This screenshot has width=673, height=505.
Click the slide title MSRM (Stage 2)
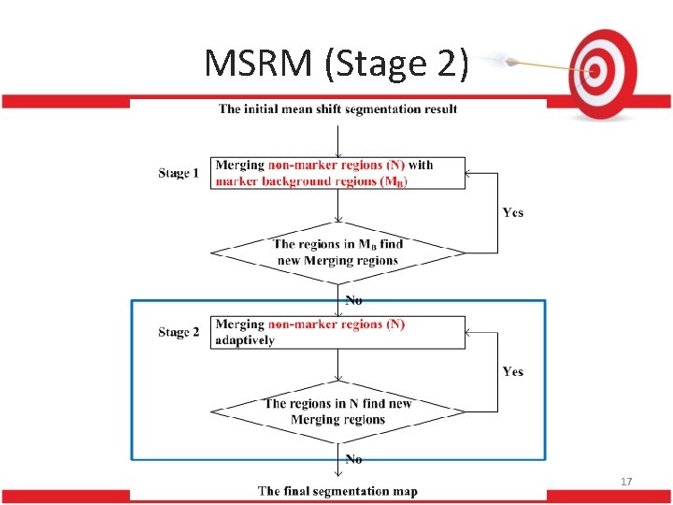(336, 63)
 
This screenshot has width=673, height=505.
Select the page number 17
(627, 482)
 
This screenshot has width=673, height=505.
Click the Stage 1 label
(179, 173)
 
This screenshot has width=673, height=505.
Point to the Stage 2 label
(179, 332)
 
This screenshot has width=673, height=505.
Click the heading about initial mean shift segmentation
(337, 109)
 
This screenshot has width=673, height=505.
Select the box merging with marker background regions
(337, 173)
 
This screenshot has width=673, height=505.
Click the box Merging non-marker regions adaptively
(337, 332)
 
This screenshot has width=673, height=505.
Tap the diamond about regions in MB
(337, 252)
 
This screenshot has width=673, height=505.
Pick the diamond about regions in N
(337, 411)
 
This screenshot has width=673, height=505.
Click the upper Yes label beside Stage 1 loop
(513, 212)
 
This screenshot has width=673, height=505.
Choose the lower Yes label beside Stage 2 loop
(513, 371)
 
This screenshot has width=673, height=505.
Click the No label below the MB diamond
(354, 300)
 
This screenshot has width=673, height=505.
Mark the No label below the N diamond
(354, 459)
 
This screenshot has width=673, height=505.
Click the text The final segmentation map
(337, 491)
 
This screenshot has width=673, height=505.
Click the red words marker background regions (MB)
(311, 181)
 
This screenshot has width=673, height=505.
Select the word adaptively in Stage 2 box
(245, 340)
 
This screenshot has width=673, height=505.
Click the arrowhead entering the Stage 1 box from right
(470, 173)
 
